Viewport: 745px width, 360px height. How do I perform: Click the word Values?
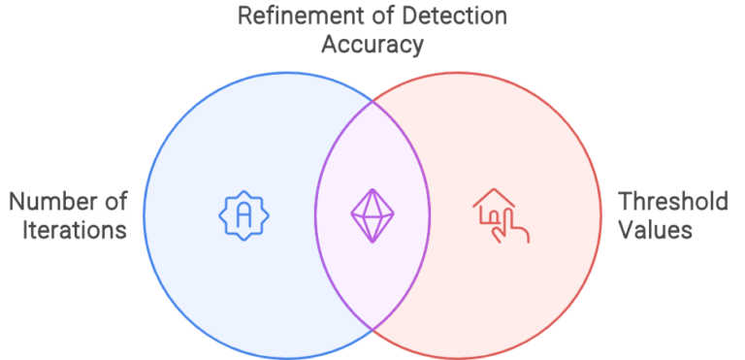tap(656, 231)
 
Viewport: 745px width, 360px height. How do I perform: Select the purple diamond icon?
tap(372, 213)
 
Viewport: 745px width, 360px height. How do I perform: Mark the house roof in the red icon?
tap(493, 198)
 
